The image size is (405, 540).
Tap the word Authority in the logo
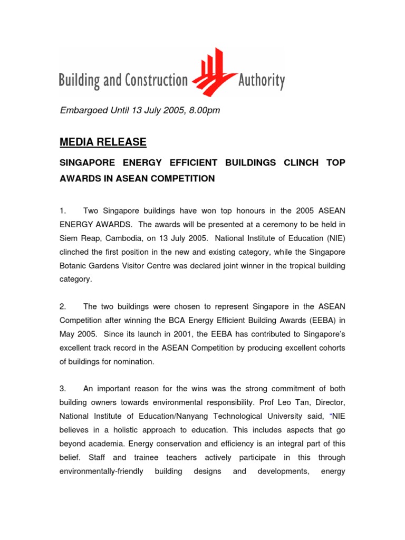click(262, 81)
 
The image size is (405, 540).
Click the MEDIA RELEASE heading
click(103, 142)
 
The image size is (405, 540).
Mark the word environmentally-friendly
click(101, 471)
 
